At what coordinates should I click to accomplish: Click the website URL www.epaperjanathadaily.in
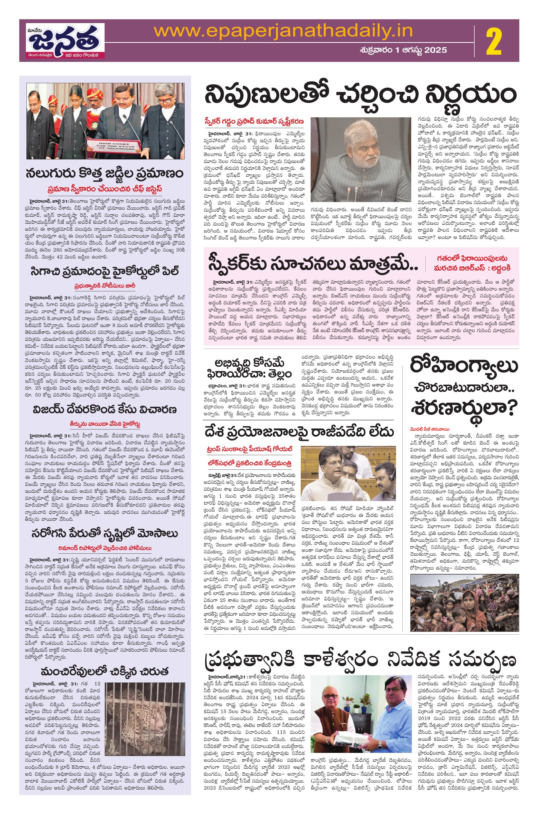coord(283,31)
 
